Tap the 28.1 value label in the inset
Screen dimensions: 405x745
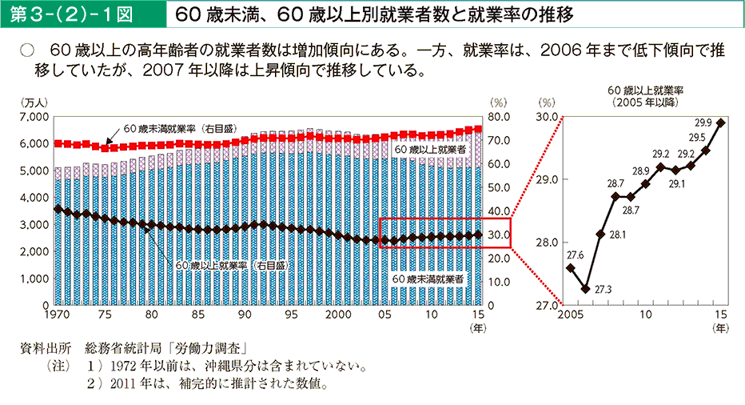point(616,235)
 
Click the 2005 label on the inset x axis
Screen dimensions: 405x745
point(568,315)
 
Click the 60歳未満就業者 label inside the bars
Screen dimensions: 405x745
point(429,279)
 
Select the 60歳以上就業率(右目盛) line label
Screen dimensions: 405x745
point(231,265)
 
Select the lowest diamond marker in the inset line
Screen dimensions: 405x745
point(585,289)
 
